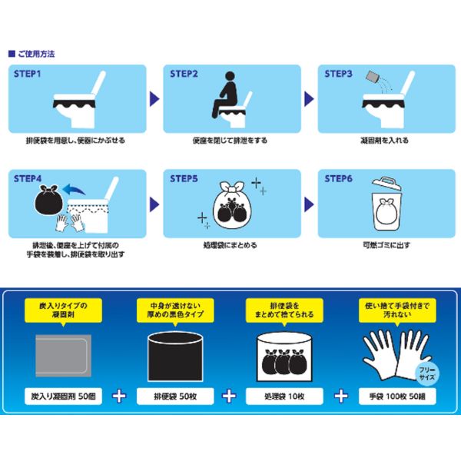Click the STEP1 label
[27, 74]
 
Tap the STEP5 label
[184, 178]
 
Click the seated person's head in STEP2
[230, 76]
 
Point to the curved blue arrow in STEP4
[74, 190]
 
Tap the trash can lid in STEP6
[386, 184]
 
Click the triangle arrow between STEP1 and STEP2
[154, 99]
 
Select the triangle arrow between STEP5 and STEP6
[309, 204]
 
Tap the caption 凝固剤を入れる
[385, 141]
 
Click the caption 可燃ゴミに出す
[386, 245]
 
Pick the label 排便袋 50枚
[175, 396]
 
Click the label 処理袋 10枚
[284, 396]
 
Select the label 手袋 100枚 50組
[397, 396]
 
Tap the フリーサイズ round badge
[426, 373]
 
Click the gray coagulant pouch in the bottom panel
[63, 356]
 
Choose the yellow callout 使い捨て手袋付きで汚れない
[397, 310]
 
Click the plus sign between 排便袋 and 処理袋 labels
[229, 396]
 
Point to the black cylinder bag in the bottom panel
[175, 357]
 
